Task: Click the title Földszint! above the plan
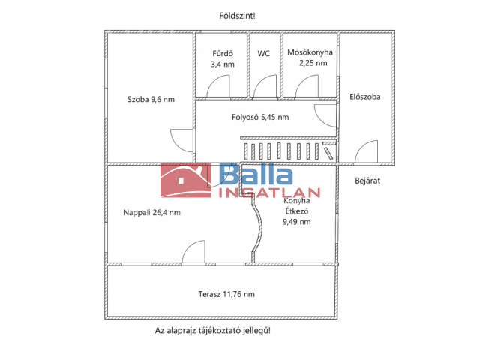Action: (x=237, y=16)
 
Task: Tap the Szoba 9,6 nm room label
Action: (x=151, y=100)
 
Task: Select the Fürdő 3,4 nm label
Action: (x=223, y=59)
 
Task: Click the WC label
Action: (x=263, y=54)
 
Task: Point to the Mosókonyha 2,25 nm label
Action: (x=310, y=58)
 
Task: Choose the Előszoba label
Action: (x=365, y=97)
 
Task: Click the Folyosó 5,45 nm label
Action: (x=260, y=117)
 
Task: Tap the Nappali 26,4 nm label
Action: (x=151, y=212)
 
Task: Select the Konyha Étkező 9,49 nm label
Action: (x=297, y=211)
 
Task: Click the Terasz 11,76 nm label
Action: (x=226, y=294)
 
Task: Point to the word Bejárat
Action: (x=367, y=181)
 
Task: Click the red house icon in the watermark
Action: (x=186, y=180)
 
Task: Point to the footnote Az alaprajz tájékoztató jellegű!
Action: (x=213, y=331)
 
